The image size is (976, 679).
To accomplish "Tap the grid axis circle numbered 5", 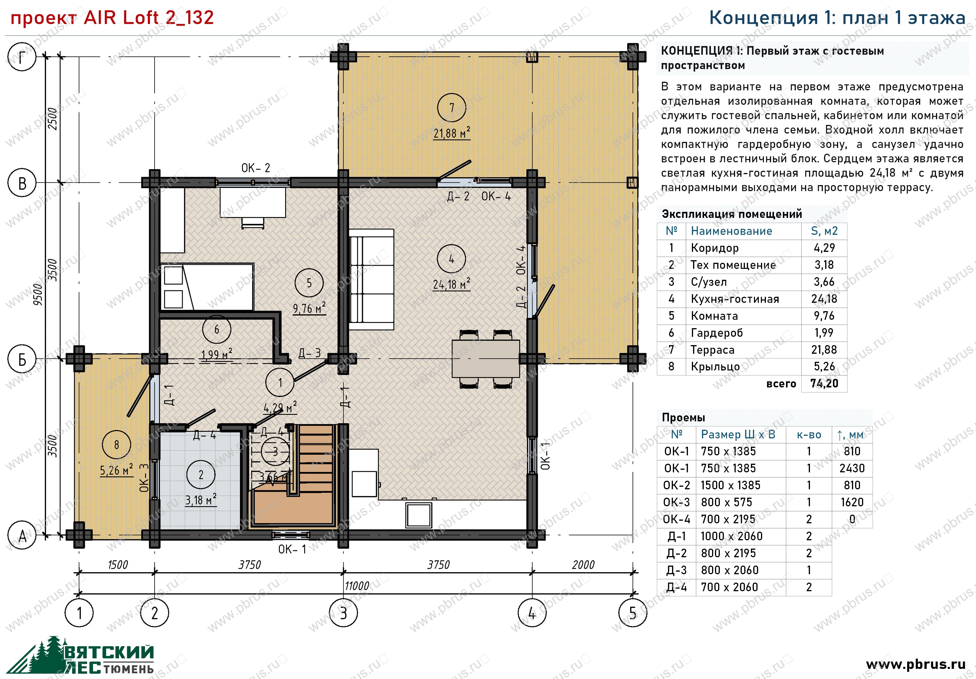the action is click(x=633, y=613).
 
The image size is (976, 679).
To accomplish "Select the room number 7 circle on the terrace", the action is click(x=451, y=108).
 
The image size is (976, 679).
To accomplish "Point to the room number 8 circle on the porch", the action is click(x=117, y=445).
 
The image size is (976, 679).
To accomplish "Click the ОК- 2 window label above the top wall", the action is click(x=256, y=168).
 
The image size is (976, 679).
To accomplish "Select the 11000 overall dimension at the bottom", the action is click(x=357, y=586).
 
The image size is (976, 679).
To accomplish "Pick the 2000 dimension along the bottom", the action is click(x=583, y=565).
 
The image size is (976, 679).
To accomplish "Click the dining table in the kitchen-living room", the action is click(x=486, y=358).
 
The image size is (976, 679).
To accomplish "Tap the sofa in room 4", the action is click(x=371, y=279).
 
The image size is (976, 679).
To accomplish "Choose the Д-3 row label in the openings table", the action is click(x=676, y=570).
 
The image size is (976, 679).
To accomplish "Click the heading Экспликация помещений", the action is click(x=732, y=214).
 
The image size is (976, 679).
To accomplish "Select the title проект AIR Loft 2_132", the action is click(x=112, y=18).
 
